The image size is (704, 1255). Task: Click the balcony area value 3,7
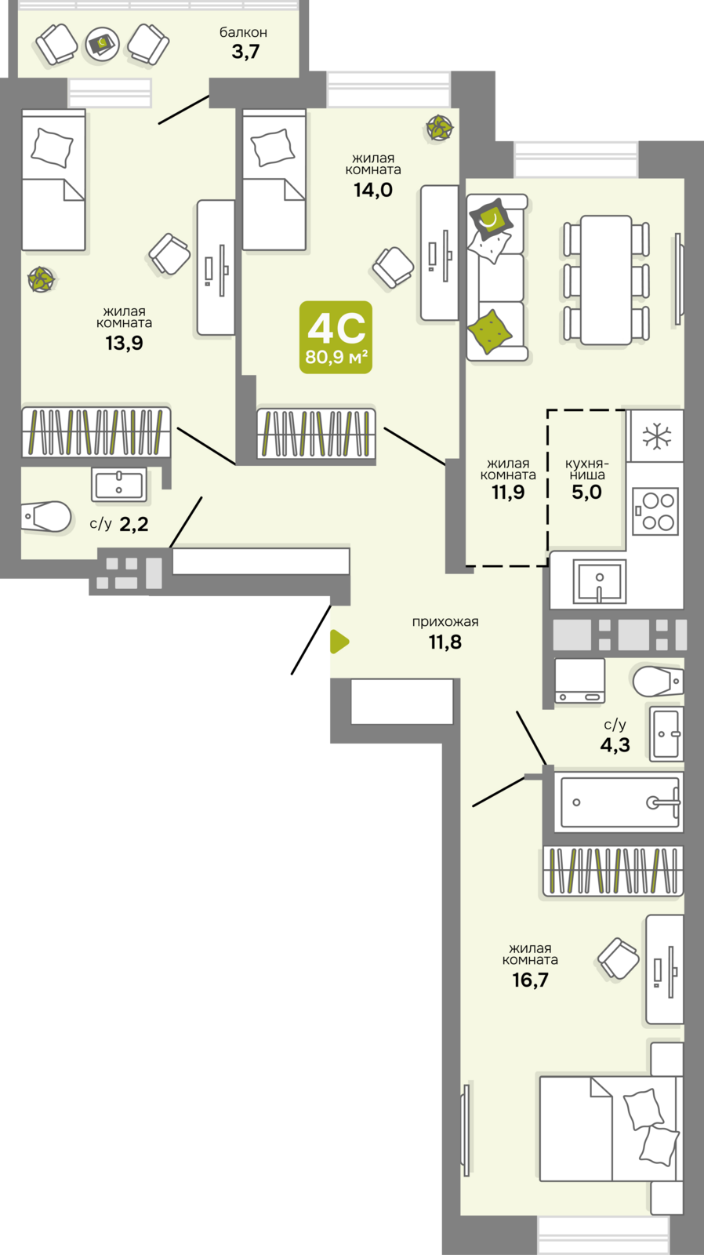point(245,52)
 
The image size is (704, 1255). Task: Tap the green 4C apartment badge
point(336,337)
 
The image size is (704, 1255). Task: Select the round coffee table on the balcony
point(103,44)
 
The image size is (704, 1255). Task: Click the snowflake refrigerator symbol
point(655,436)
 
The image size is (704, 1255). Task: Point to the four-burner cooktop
point(655,511)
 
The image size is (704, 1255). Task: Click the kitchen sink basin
point(599,582)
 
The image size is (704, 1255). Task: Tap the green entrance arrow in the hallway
point(339,642)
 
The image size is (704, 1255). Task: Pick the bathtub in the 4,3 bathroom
point(619,802)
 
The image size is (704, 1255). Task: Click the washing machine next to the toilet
point(579,680)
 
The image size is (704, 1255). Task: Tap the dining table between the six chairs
point(607,279)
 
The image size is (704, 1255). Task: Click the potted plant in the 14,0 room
point(439,128)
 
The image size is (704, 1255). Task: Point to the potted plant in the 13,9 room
point(41,279)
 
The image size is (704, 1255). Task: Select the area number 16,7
point(531,980)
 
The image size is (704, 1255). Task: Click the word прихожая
point(445,621)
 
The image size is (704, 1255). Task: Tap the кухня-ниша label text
point(587,469)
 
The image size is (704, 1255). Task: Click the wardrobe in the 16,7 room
point(613,870)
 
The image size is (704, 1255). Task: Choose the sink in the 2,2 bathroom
point(119,485)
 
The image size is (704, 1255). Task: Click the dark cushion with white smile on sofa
point(491,219)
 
